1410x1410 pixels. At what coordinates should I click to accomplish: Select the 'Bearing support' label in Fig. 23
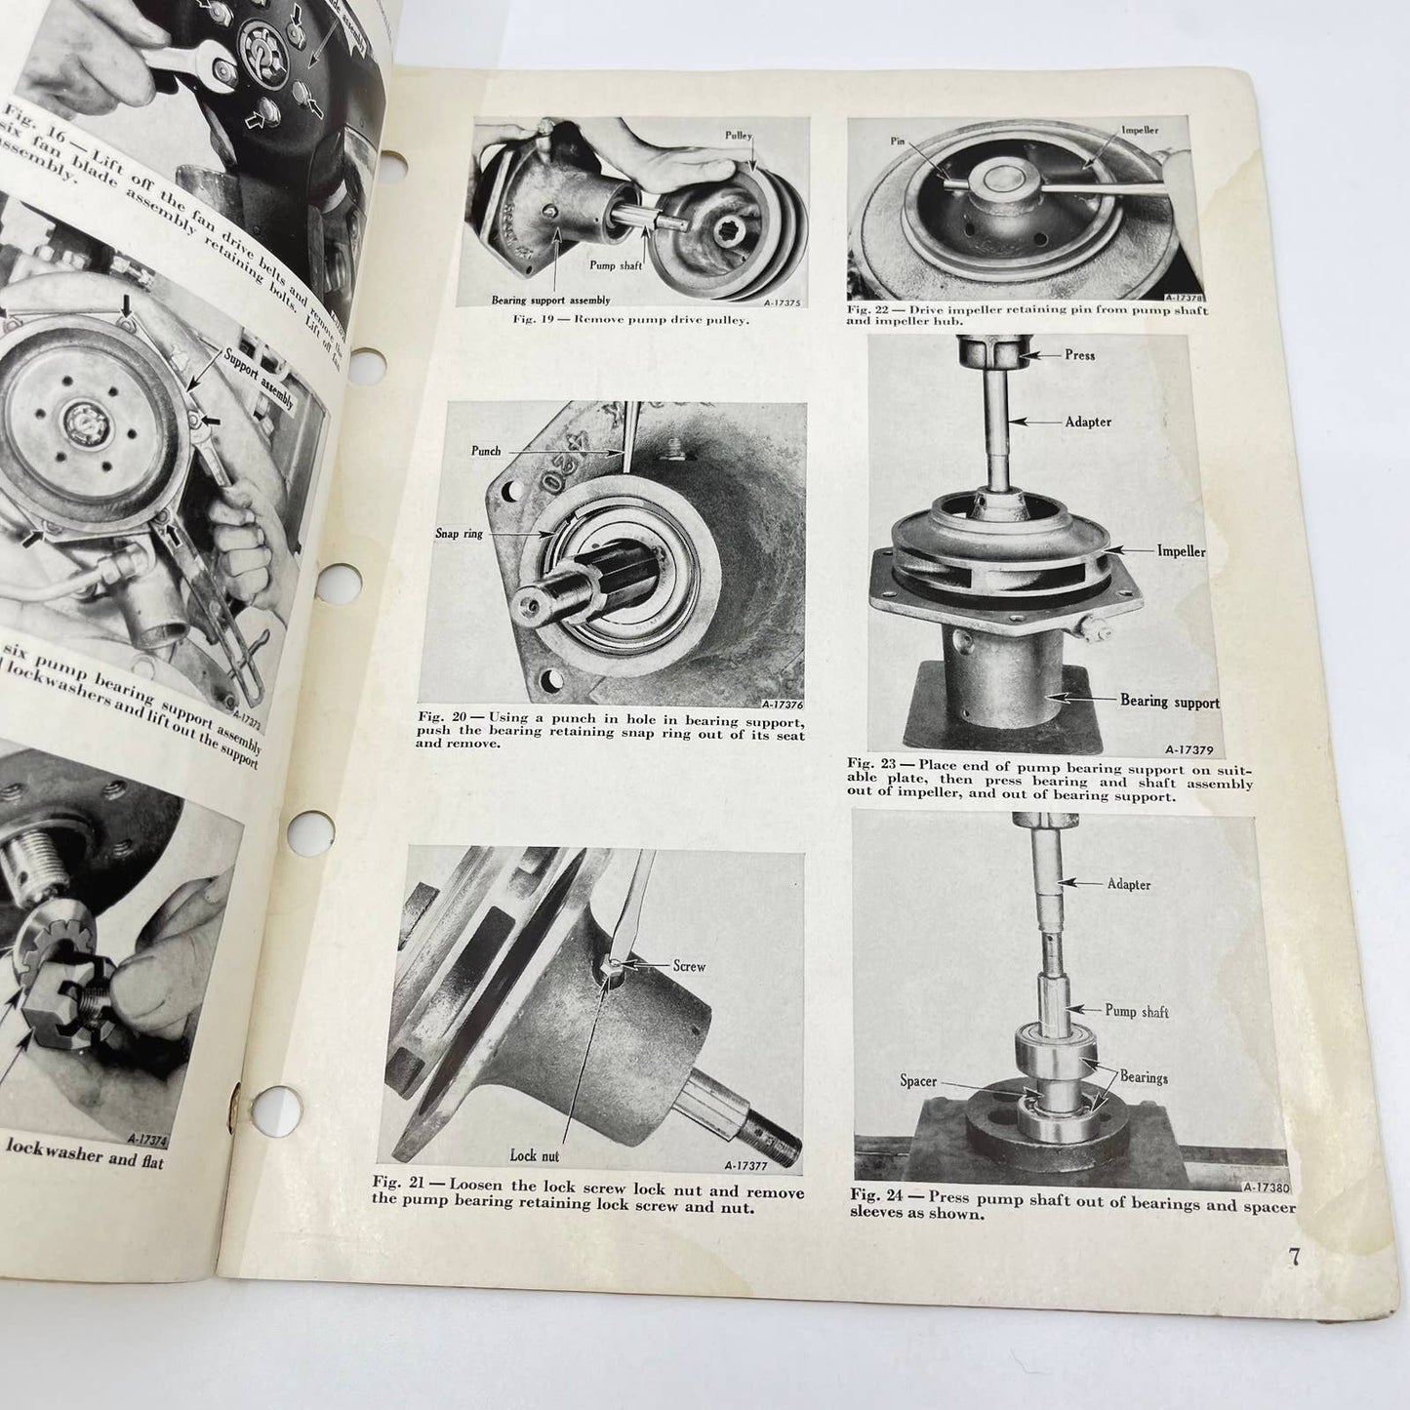click(x=1169, y=701)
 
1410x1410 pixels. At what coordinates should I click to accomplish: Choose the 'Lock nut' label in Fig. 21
click(x=536, y=1154)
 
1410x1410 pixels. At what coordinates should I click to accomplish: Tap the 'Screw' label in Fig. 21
click(x=688, y=966)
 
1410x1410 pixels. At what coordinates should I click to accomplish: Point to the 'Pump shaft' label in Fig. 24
click(x=1137, y=1012)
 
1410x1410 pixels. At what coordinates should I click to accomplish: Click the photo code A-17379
click(x=1188, y=750)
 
